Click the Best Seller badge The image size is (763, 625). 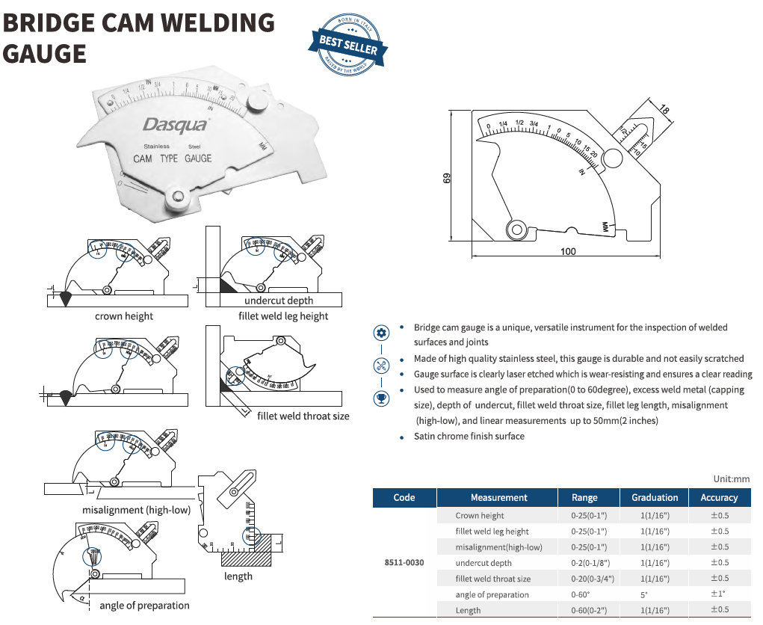point(348,44)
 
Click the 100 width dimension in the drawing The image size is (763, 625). point(568,251)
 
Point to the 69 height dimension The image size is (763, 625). point(447,179)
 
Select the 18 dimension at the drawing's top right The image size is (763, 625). point(664,109)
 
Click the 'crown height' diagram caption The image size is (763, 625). point(124,316)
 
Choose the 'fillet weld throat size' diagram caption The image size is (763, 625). point(303,416)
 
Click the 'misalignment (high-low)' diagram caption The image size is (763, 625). point(137,510)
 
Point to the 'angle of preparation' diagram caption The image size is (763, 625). point(144,606)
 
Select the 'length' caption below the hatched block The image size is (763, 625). point(238,576)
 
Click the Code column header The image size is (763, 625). point(404,497)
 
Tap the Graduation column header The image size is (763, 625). point(655,497)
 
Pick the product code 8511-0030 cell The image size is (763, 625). point(404,562)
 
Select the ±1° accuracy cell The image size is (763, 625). point(719,594)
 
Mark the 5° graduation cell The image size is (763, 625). point(644,594)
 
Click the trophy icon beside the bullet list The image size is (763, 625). point(382,398)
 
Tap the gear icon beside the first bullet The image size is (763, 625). point(382,333)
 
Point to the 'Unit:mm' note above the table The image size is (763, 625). point(732,479)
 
